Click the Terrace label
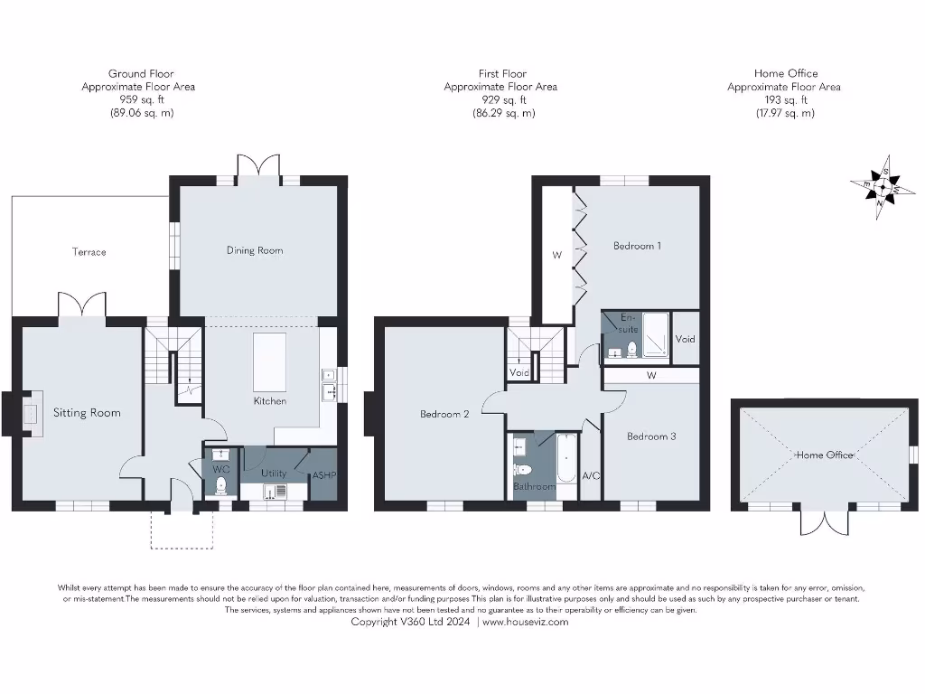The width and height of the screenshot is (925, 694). (89, 252)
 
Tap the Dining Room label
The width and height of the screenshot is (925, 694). (255, 250)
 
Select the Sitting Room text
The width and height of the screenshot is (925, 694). (87, 413)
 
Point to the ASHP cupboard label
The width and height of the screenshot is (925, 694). (323, 476)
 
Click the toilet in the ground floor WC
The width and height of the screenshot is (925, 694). (220, 486)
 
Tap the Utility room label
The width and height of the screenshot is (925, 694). (273, 473)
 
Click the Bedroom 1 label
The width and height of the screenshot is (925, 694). (638, 245)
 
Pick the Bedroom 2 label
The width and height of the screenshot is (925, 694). (444, 415)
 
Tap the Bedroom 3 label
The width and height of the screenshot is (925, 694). (651, 436)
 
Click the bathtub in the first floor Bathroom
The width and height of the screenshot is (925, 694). (565, 461)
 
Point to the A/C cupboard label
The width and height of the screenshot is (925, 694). (592, 476)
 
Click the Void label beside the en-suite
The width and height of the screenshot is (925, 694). (686, 340)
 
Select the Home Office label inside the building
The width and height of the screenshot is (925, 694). (824, 455)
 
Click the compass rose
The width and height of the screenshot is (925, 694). (875, 187)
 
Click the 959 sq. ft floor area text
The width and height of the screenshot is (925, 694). (141, 100)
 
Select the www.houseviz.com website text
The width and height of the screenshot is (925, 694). (526, 622)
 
